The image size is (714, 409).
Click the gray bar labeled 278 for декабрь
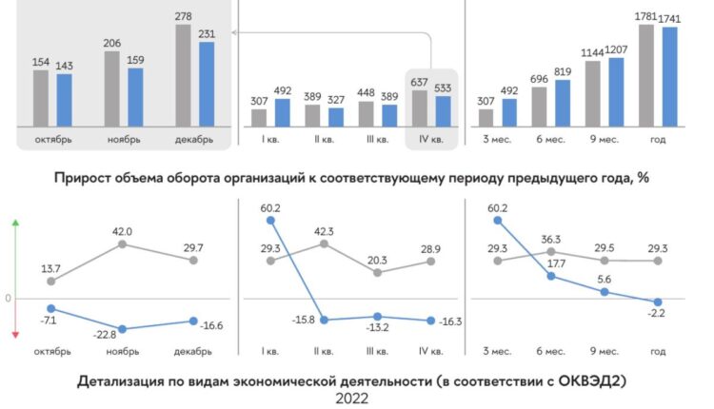(184, 75)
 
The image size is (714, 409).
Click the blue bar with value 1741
(670, 76)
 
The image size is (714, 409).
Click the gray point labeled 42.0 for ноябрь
(122, 244)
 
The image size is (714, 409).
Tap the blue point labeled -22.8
(122, 329)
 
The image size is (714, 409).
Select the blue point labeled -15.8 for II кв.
(325, 320)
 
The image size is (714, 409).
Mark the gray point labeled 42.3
(325, 243)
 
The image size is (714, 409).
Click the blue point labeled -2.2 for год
(658, 302)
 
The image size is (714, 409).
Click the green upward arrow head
(15, 223)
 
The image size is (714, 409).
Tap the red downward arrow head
(15, 334)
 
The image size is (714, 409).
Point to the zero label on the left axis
(7, 299)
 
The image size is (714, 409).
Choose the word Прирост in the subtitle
(89, 178)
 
